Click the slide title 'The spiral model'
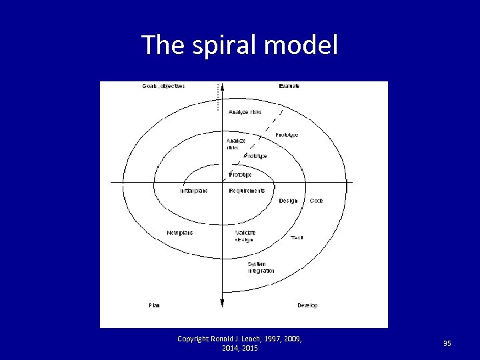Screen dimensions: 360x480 [x=240, y=45]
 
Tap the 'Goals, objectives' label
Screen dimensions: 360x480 [x=163, y=86]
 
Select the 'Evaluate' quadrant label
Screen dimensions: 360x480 [x=289, y=86]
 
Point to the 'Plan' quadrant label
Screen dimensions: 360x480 [x=154, y=305]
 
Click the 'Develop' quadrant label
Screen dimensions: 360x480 [x=307, y=305]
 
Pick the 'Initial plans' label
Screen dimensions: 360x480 [x=193, y=191]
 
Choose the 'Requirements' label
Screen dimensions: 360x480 [x=247, y=191]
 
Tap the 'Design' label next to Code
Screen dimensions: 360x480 [x=289, y=201]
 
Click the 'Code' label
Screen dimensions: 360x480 [x=316, y=201]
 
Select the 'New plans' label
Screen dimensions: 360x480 [x=179, y=233]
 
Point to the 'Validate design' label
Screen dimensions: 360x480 [x=245, y=236]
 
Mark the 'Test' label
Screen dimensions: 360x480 [x=297, y=237]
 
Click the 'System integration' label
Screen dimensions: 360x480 [x=261, y=267]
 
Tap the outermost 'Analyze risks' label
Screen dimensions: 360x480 [x=245, y=112]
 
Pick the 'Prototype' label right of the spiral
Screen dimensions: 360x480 [x=287, y=135]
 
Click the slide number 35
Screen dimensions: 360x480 [x=447, y=343]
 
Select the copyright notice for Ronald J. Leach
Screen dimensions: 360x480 [x=240, y=343]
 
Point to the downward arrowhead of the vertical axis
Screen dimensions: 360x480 [x=222, y=304]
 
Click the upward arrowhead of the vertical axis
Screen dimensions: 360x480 [x=222, y=86]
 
